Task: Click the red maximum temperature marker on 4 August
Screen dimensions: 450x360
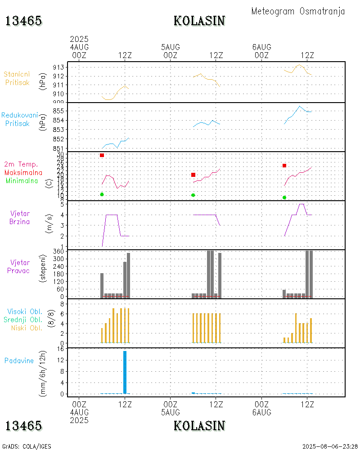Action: [102, 155]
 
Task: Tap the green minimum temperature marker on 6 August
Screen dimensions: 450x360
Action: [284, 198]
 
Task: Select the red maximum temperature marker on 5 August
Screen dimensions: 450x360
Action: [193, 175]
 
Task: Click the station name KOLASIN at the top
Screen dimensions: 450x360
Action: [199, 21]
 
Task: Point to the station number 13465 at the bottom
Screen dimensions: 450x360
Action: [23, 426]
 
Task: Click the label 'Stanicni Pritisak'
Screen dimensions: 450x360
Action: [17, 78]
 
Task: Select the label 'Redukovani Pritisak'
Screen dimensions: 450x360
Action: [19, 119]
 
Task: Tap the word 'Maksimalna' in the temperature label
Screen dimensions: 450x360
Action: [23, 172]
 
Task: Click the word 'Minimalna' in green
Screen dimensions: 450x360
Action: [22, 180]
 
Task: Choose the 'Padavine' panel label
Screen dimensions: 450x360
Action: [19, 360]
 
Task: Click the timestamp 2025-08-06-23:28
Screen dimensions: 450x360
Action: [330, 446]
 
